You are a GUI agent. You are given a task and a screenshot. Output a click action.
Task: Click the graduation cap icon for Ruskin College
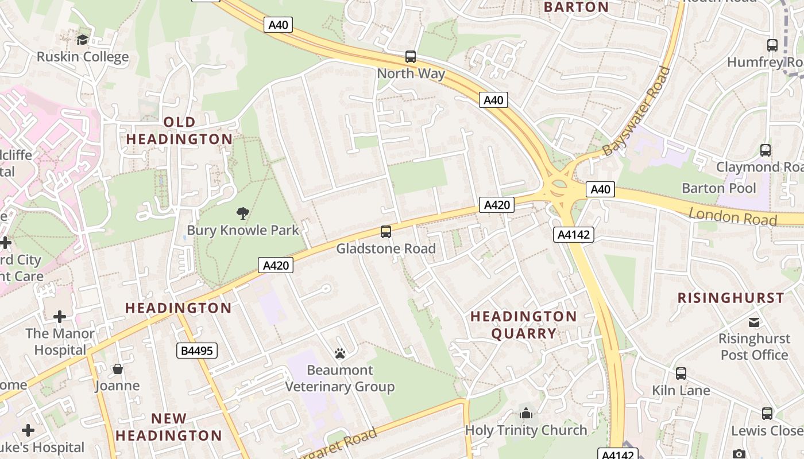[x=83, y=40]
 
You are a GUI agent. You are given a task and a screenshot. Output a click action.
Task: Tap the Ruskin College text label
[x=83, y=57]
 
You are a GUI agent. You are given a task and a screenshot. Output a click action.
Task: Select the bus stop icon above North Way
[x=410, y=57]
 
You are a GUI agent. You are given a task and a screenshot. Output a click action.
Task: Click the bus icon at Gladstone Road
[x=386, y=232]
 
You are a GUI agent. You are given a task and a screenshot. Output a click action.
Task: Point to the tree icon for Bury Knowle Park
[x=243, y=213]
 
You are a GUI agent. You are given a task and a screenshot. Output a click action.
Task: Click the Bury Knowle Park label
[x=243, y=231]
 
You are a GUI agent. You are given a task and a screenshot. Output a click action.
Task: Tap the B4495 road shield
[x=196, y=351]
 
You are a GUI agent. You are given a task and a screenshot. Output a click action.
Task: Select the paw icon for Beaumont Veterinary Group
[x=340, y=353]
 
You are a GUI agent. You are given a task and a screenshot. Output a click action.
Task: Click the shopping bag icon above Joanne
[x=118, y=369]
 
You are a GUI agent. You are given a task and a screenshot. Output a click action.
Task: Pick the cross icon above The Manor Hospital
[x=60, y=317]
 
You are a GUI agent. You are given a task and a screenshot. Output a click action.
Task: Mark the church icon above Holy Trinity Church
[x=525, y=413]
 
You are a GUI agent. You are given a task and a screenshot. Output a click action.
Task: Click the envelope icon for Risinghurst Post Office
[x=754, y=322]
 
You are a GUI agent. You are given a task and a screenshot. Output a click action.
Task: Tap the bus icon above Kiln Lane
[x=681, y=374]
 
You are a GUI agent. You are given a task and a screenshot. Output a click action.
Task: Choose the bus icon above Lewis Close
[x=767, y=414]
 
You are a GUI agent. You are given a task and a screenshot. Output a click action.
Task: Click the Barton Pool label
[x=719, y=188]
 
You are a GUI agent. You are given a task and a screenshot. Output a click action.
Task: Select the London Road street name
[x=733, y=217]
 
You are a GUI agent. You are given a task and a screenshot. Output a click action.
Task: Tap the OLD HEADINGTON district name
[x=180, y=131]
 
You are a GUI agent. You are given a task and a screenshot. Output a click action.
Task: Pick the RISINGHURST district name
[x=730, y=298]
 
